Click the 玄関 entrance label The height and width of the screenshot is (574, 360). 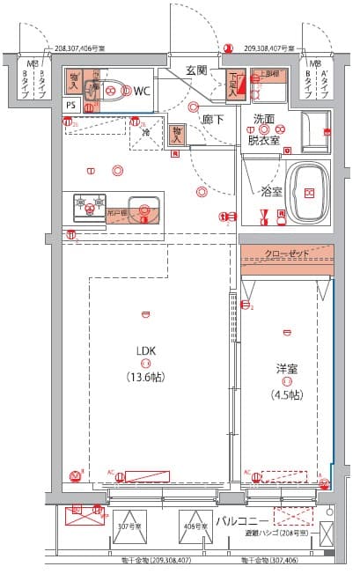195,70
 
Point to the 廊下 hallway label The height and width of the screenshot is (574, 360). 211,118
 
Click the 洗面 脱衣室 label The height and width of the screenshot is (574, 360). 265,129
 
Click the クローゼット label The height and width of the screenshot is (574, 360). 287,254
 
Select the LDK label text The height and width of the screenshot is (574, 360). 145,350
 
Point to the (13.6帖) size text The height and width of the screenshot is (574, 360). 145,376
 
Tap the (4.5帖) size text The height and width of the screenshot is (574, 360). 284,394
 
